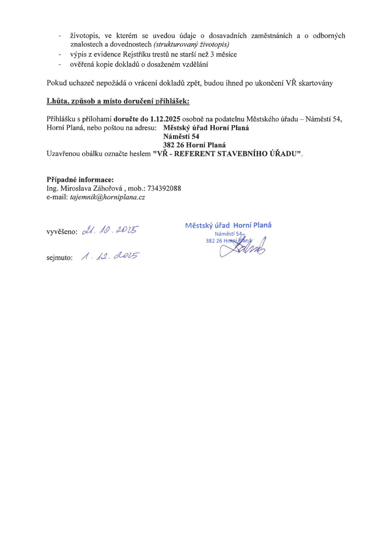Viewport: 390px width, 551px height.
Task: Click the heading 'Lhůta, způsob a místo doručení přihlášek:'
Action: pyautogui.click(x=118, y=101)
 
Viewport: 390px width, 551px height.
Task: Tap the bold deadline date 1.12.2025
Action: pyautogui.click(x=165, y=119)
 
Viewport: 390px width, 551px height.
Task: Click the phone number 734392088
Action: pyautogui.click(x=164, y=188)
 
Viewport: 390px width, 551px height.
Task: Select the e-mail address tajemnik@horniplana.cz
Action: pyautogui.click(x=107, y=197)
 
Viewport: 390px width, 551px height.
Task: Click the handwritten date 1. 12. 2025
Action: pyautogui.click(x=110, y=256)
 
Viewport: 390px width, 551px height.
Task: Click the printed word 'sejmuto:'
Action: pyautogui.click(x=60, y=258)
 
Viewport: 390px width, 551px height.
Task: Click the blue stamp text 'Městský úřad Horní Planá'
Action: pyautogui.click(x=228, y=225)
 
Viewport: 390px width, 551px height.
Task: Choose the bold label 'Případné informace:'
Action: pyautogui.click(x=80, y=180)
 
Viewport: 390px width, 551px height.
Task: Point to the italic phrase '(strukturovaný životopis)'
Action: pyautogui.click(x=191, y=44)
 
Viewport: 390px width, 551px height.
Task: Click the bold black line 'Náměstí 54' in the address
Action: pyautogui.click(x=181, y=137)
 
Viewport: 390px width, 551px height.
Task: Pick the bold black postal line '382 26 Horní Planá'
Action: pyautogui.click(x=194, y=145)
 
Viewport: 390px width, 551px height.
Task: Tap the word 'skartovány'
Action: pyautogui.click(x=316, y=83)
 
